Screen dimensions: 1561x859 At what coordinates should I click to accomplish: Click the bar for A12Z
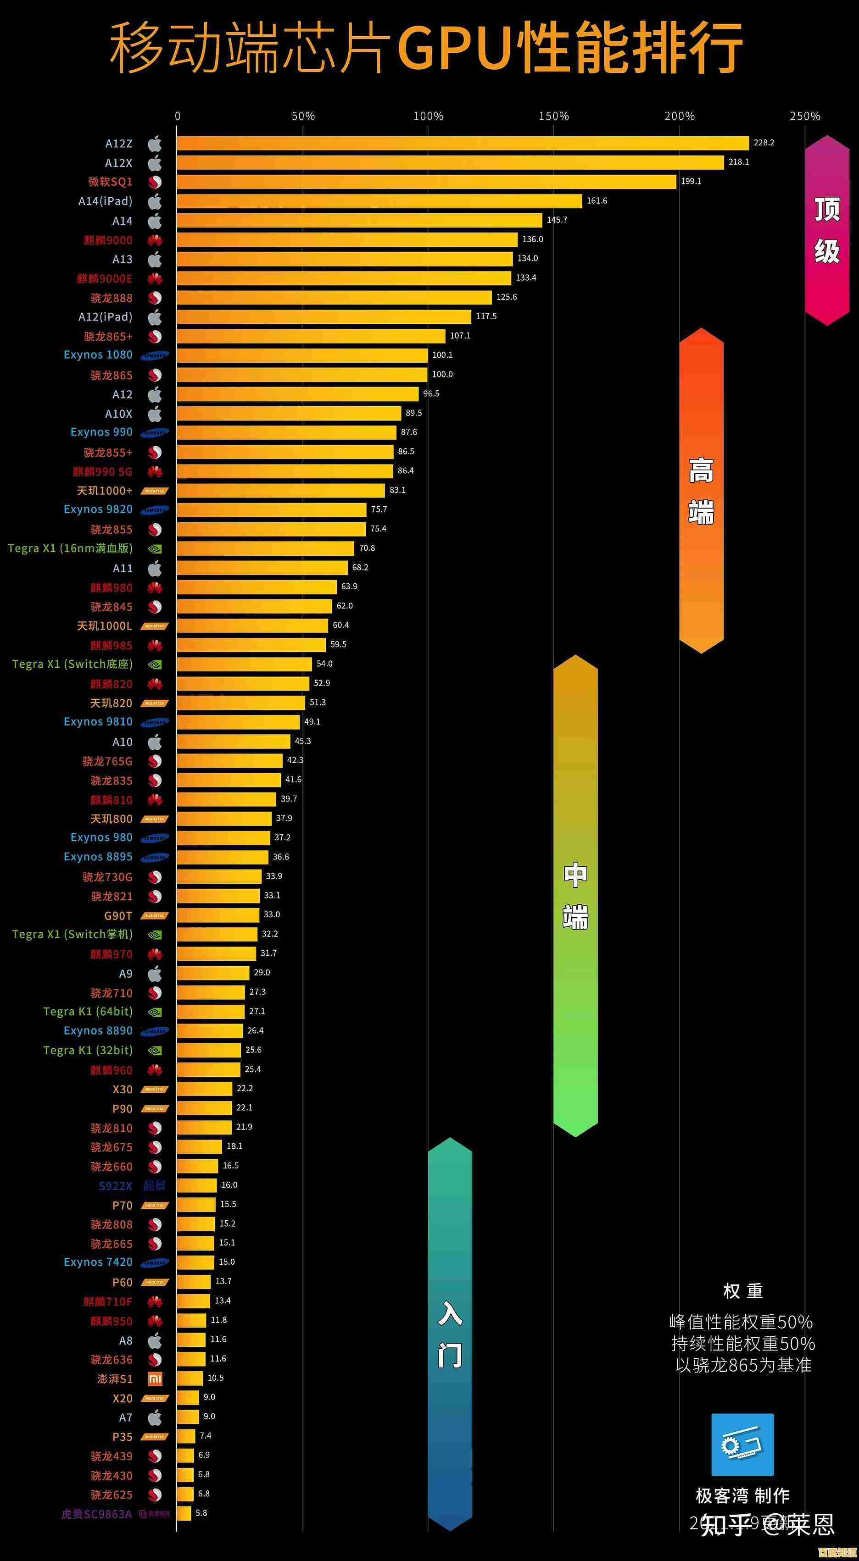tap(463, 143)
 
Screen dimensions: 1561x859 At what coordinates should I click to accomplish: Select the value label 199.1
tap(691, 181)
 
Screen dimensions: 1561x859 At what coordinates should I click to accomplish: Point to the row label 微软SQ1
tap(110, 182)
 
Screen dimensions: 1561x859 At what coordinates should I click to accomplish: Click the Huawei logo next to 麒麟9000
tap(155, 240)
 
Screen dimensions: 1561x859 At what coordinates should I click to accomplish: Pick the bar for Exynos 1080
tap(302, 355)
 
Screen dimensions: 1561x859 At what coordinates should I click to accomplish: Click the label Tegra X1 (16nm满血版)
tap(70, 548)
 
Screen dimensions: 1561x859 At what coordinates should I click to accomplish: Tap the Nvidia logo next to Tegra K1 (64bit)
tap(155, 1011)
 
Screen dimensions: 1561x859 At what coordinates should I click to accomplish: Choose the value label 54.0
tap(324, 664)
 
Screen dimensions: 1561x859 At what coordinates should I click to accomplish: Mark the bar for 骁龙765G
tap(230, 760)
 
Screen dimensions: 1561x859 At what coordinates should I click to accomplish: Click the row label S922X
tap(115, 1186)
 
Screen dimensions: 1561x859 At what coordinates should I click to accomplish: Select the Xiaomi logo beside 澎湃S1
tap(155, 1378)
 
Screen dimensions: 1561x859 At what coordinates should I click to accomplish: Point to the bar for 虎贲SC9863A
tap(184, 1513)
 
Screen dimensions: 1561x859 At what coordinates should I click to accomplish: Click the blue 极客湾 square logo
tap(742, 1445)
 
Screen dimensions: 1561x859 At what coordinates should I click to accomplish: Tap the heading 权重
tap(742, 1291)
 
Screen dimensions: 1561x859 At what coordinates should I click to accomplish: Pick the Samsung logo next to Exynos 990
tap(155, 433)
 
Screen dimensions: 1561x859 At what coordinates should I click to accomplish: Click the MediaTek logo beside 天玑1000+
tap(155, 491)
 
